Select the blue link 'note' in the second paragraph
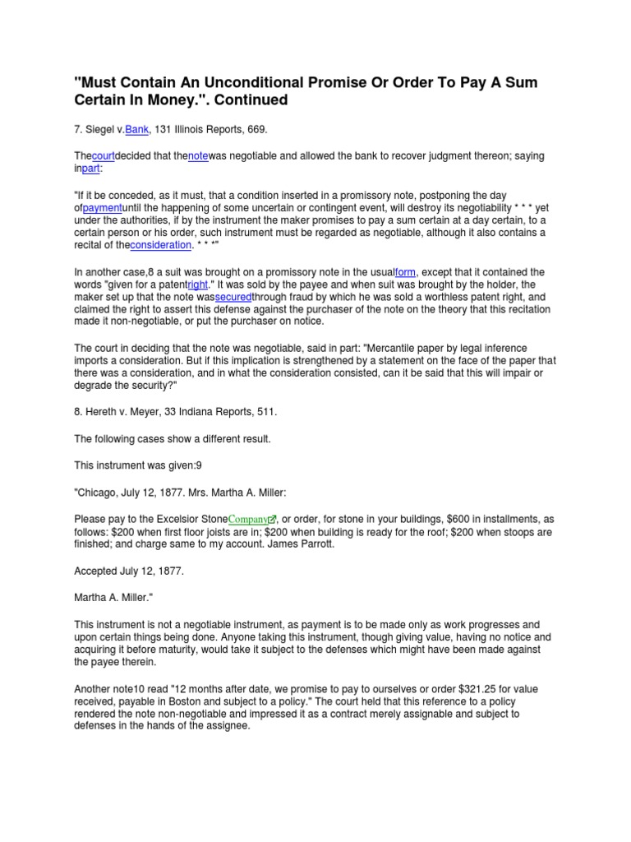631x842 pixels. point(198,156)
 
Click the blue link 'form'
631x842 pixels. point(405,272)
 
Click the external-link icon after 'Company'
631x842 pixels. point(274,520)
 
